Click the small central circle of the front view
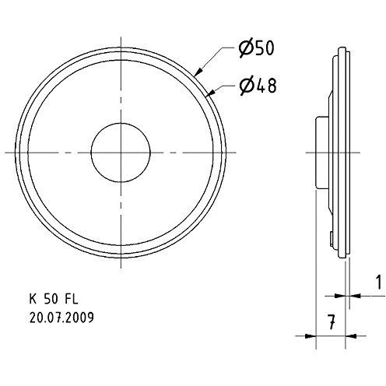pyautogui.click(x=122, y=149)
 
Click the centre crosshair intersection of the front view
pyautogui.click(x=122, y=149)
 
